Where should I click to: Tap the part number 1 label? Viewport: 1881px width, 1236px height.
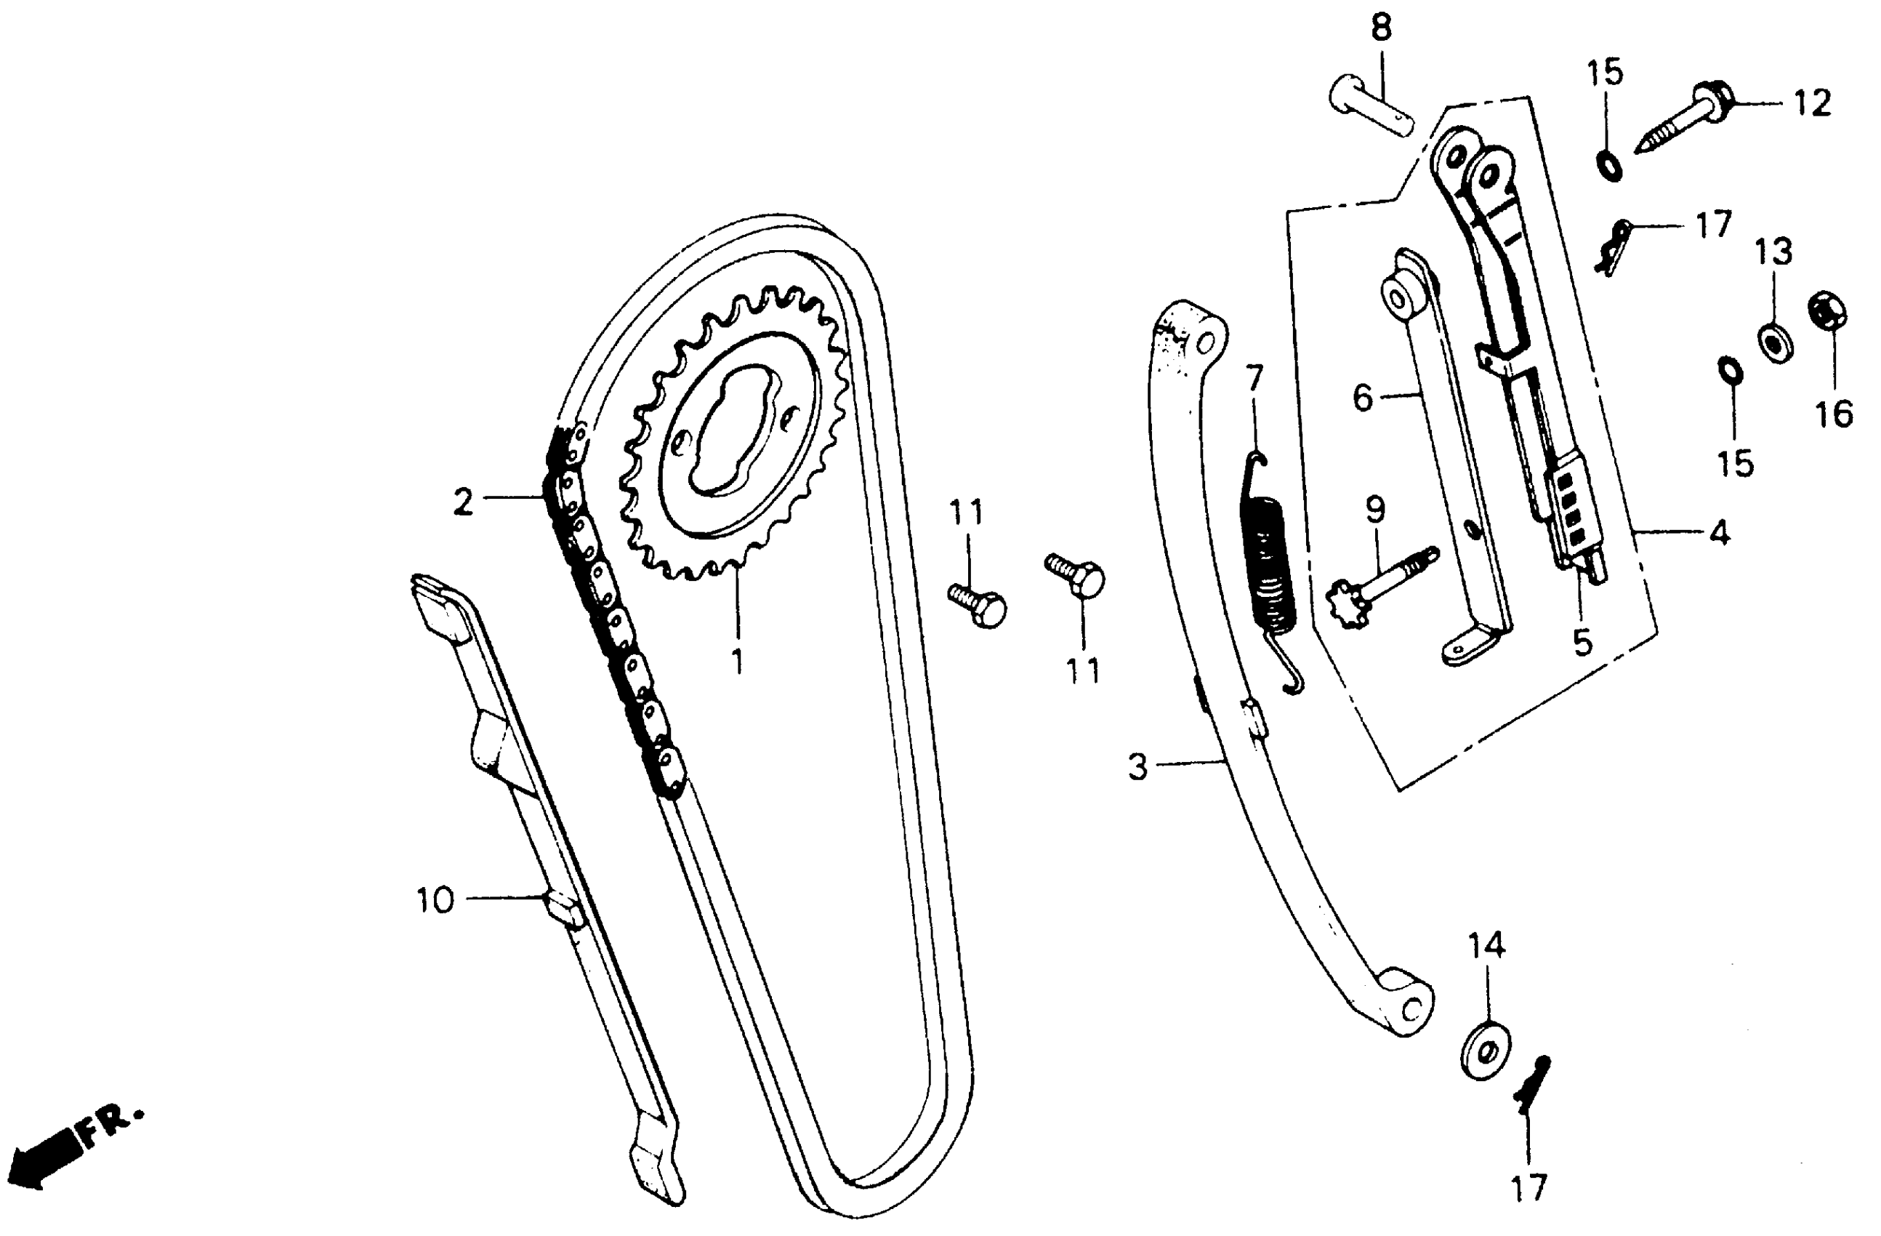(738, 660)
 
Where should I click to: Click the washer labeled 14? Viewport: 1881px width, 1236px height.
(1486, 1053)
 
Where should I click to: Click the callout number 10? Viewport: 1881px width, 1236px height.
(435, 901)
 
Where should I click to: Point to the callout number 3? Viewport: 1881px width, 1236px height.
(1137, 766)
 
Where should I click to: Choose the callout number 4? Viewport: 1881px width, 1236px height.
(1720, 533)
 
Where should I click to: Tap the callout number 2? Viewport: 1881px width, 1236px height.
(463, 502)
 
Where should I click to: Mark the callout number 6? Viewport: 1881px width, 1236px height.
(1362, 398)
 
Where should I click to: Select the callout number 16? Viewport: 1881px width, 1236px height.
(1834, 414)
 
